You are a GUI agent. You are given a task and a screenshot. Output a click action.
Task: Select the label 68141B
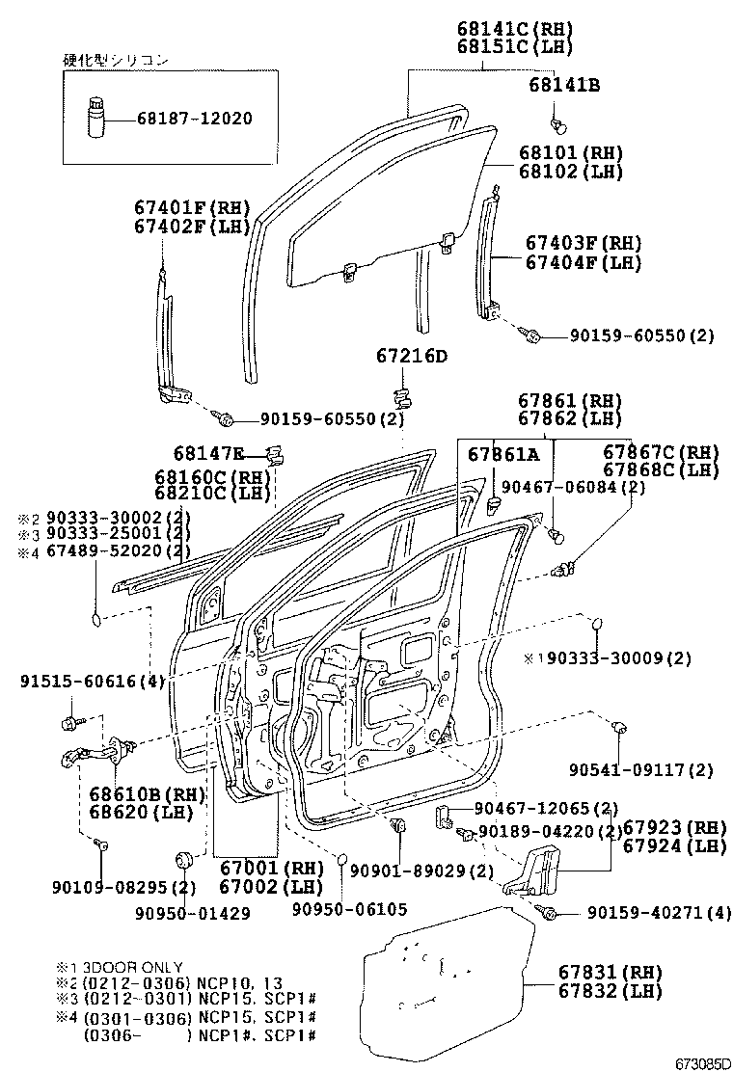(564, 86)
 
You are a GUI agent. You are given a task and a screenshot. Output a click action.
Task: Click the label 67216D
(412, 357)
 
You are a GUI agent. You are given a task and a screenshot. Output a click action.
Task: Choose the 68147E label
(209, 452)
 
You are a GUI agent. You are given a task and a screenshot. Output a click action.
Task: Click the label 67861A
(503, 453)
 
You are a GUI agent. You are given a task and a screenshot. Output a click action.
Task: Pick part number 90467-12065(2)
(546, 808)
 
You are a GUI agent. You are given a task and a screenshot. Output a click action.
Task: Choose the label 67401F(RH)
(192, 207)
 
